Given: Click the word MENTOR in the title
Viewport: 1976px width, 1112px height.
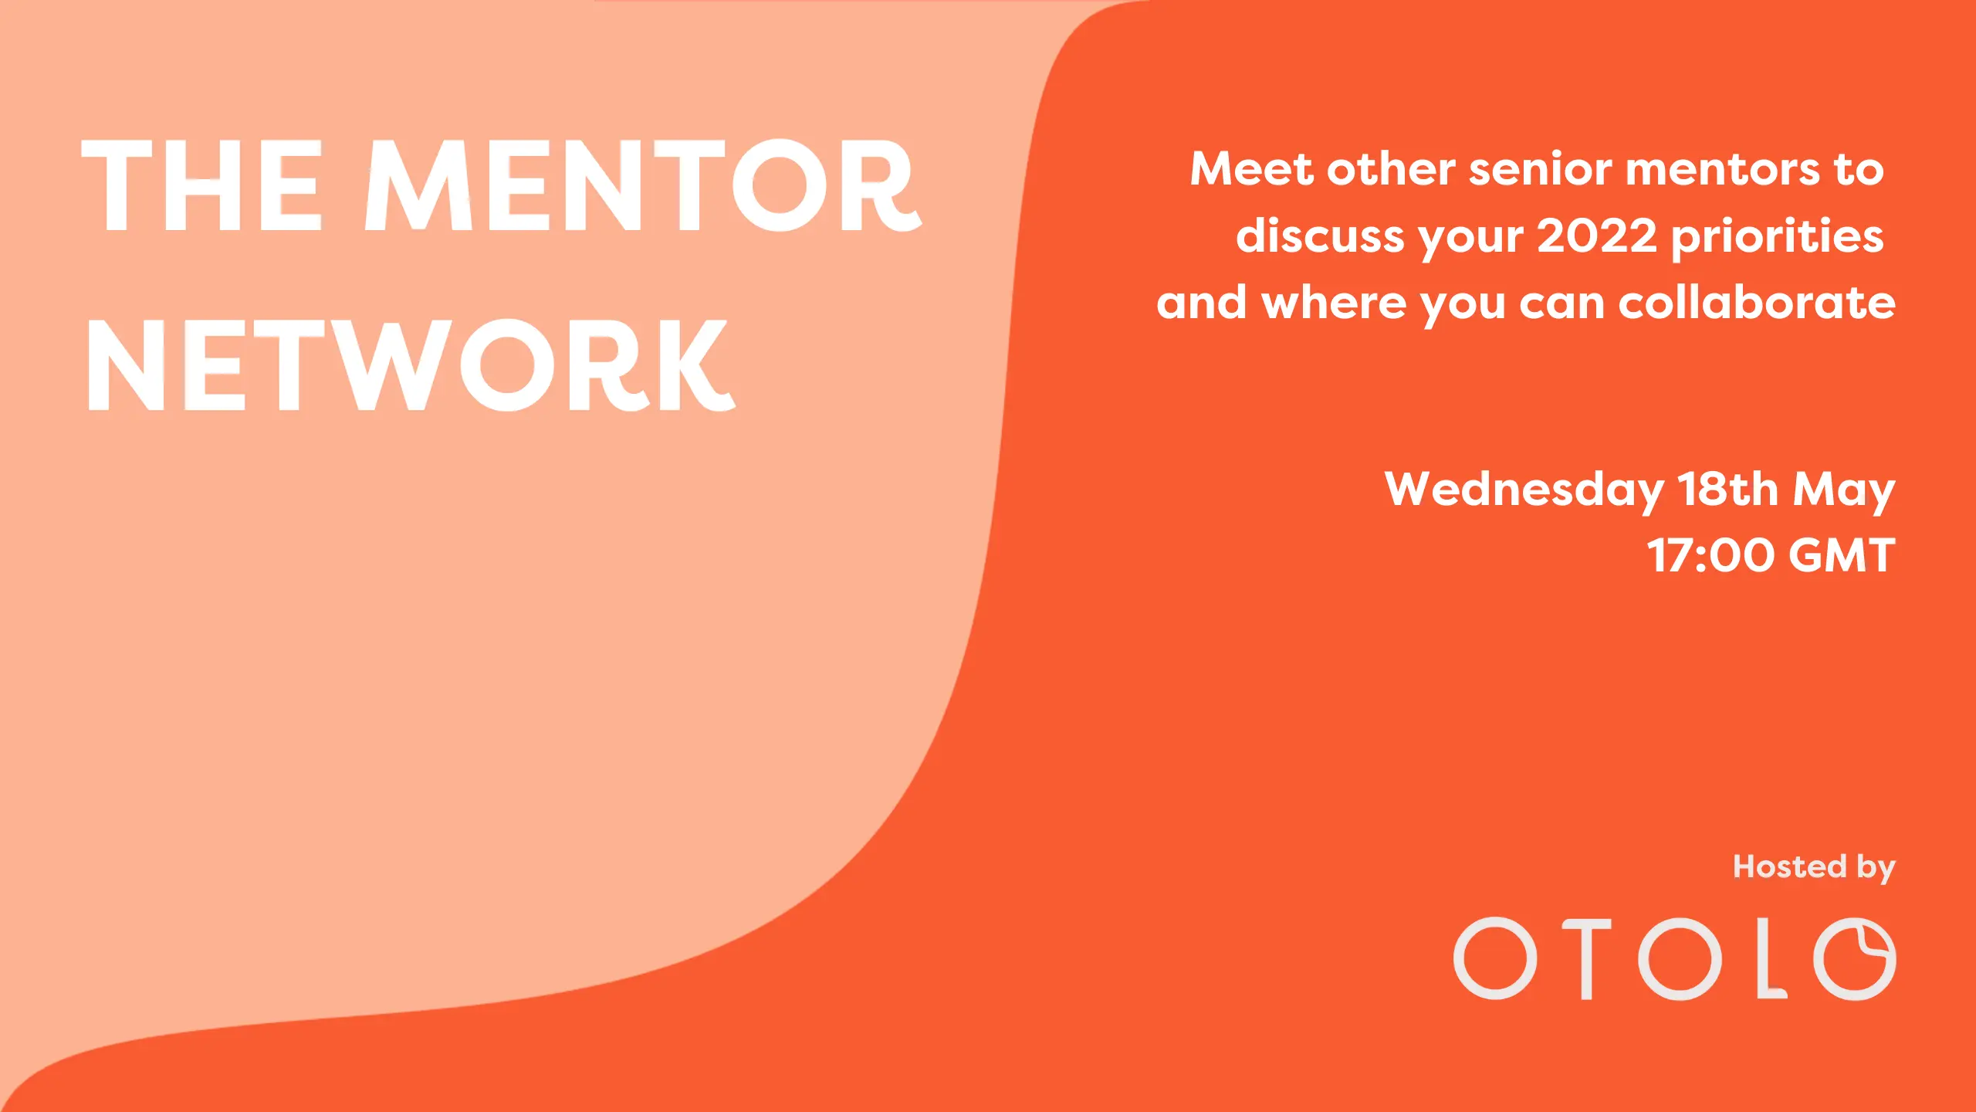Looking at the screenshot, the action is click(x=643, y=185).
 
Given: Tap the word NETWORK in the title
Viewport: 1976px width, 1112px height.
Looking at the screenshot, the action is click(x=410, y=365).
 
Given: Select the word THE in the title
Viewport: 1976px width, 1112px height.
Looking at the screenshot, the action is click(x=201, y=185).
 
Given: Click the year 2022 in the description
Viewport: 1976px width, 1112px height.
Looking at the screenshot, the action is click(x=1596, y=236).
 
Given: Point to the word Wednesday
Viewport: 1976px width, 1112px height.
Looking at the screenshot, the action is click(x=1524, y=491).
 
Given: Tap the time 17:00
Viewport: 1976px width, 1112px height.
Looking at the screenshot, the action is click(x=1710, y=555).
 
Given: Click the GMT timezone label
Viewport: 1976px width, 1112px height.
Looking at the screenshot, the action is click(x=1842, y=555).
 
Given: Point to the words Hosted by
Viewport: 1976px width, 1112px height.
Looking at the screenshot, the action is click(x=1814, y=868).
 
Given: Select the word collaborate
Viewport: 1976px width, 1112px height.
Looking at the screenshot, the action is click(x=1757, y=302).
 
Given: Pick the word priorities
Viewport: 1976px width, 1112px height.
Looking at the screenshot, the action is click(x=1777, y=237).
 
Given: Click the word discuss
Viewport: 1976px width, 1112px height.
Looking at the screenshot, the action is click(x=1320, y=236).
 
